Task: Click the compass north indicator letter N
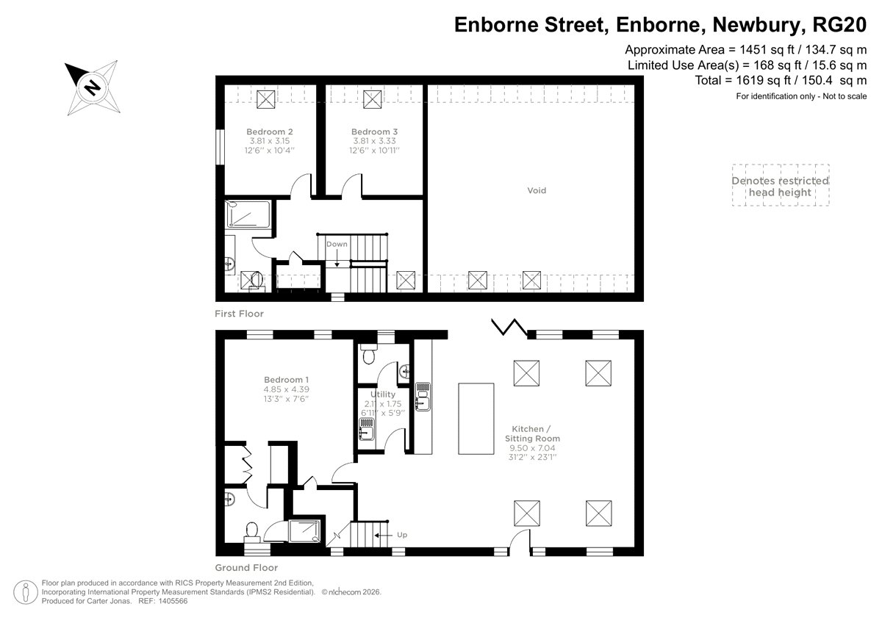tap(93, 87)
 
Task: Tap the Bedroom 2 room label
tap(270, 132)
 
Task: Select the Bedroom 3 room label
tap(374, 132)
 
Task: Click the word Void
tap(537, 190)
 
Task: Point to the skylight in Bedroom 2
tap(266, 99)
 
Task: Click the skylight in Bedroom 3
tap(372, 99)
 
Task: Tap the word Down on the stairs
tap(337, 244)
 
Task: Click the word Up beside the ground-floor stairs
tap(402, 535)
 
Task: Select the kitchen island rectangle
tap(476, 419)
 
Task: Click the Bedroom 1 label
tap(286, 380)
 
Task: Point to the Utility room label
tap(383, 395)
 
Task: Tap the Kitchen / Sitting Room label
tap(532, 433)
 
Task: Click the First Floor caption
tap(239, 314)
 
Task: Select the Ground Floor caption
tap(246, 567)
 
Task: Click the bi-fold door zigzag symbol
tap(509, 328)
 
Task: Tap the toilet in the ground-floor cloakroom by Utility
tap(368, 354)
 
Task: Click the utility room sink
tap(367, 429)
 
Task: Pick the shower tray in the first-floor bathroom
tap(248, 215)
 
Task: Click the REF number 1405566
tap(173, 601)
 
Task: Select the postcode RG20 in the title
tap(839, 24)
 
